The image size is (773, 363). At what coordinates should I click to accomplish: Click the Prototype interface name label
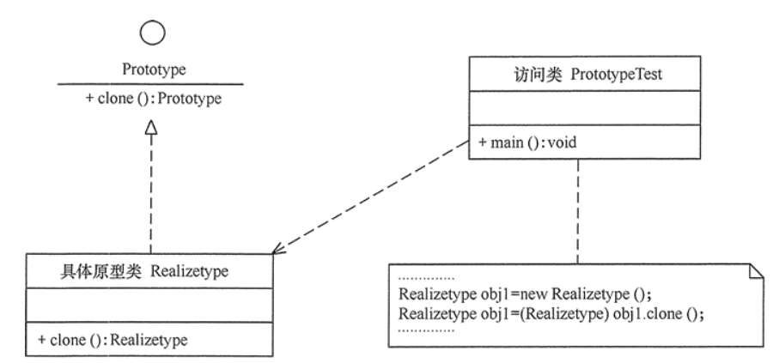[x=151, y=68]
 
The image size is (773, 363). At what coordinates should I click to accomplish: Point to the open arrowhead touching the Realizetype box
[x=278, y=250]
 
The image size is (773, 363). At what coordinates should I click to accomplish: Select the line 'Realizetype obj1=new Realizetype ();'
[x=520, y=294]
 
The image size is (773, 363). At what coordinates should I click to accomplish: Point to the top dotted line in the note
[x=428, y=278]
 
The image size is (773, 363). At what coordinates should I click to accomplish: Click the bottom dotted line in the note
[x=428, y=329]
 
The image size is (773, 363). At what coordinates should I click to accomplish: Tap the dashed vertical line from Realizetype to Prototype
[x=151, y=193]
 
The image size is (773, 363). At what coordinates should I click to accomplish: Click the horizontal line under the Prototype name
[x=151, y=84]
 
